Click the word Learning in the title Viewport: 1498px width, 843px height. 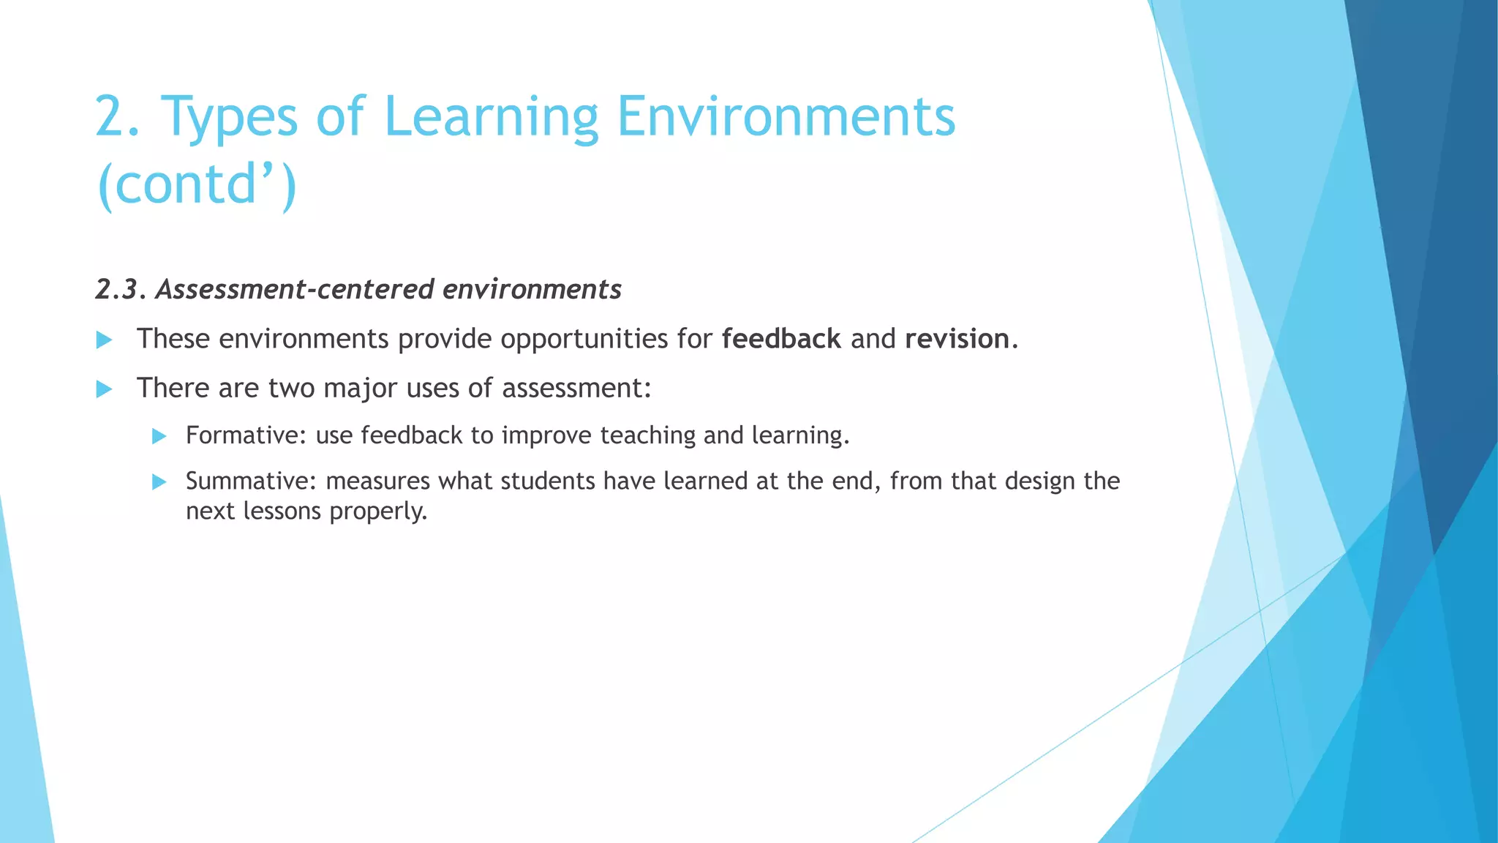[x=490, y=117]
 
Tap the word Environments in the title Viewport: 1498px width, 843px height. [x=786, y=117]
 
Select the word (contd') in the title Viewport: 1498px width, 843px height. [x=196, y=184]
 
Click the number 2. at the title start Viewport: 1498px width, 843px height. [x=117, y=117]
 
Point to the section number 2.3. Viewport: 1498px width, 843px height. [x=120, y=290]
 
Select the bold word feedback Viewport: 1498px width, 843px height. [x=780, y=339]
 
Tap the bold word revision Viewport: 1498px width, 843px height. [x=957, y=339]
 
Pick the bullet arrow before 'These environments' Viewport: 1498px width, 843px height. [x=105, y=340]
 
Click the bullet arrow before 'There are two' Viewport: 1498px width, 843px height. [x=105, y=389]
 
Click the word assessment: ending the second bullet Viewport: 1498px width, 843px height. [x=576, y=389]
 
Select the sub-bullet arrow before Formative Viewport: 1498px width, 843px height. [x=159, y=437]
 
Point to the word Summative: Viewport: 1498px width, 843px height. [x=250, y=481]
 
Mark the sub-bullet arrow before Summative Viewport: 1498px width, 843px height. [x=159, y=482]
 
